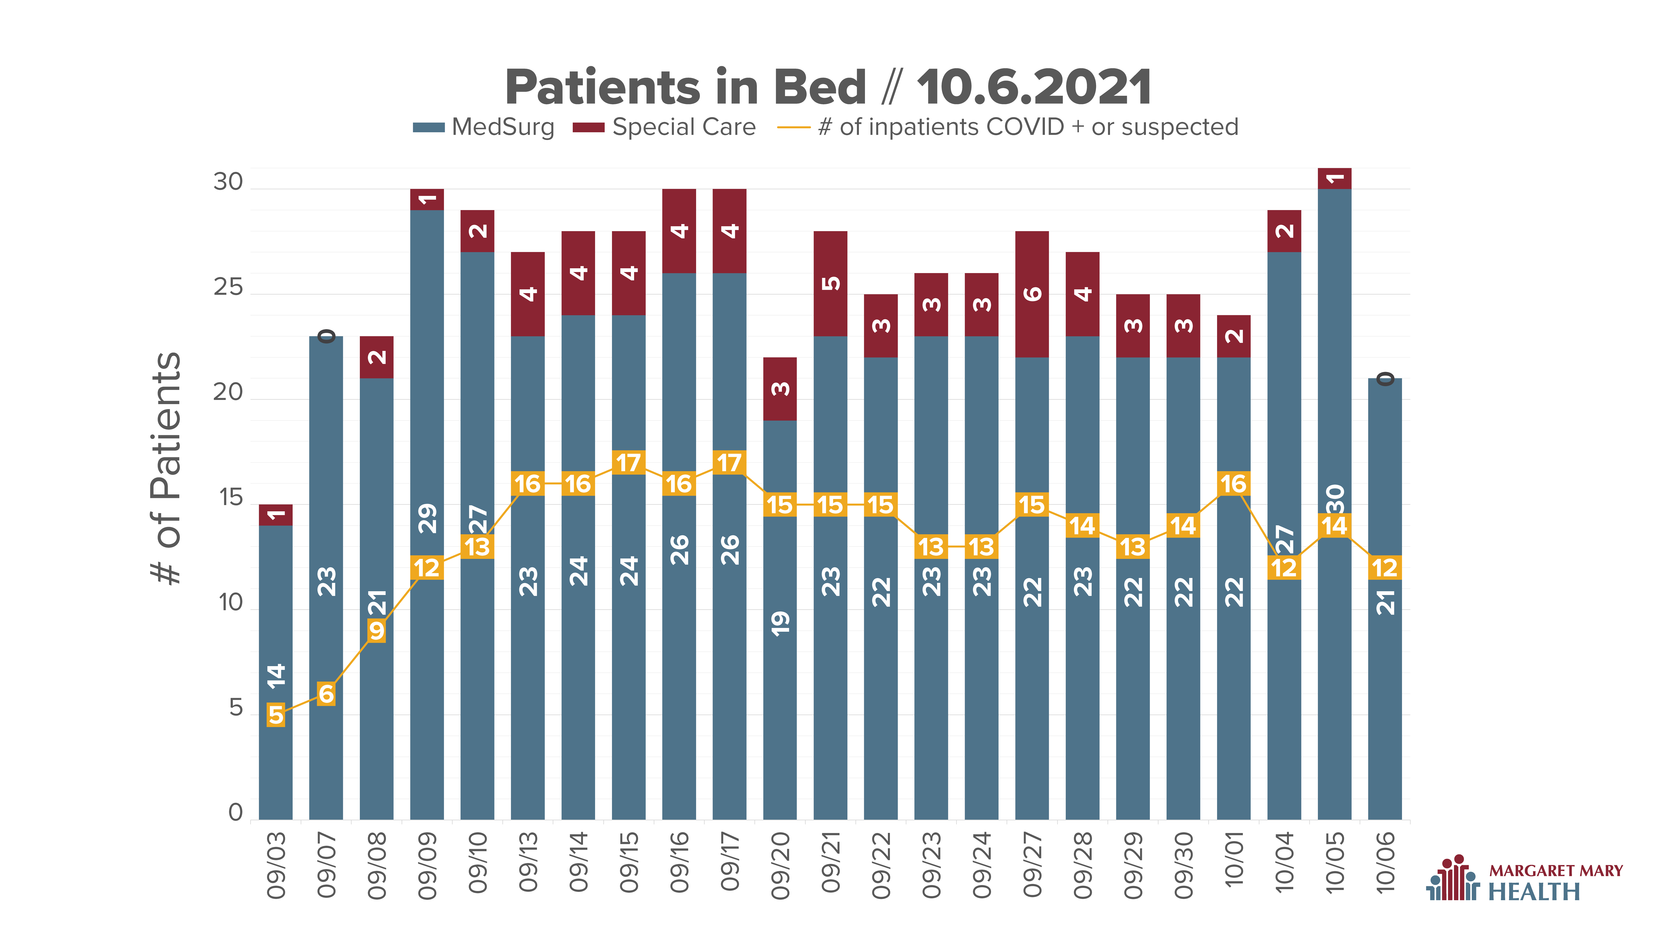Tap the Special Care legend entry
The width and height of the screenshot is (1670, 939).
[664, 127]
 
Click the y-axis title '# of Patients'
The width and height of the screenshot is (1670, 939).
[166, 468]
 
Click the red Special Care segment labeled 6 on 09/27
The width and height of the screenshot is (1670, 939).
[1032, 294]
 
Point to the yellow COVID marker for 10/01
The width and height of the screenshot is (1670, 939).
[1234, 483]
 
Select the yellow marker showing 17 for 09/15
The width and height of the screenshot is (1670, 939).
[628, 463]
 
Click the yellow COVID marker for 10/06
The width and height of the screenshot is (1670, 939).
[1385, 568]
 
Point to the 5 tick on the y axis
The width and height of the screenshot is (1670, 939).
[236, 708]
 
